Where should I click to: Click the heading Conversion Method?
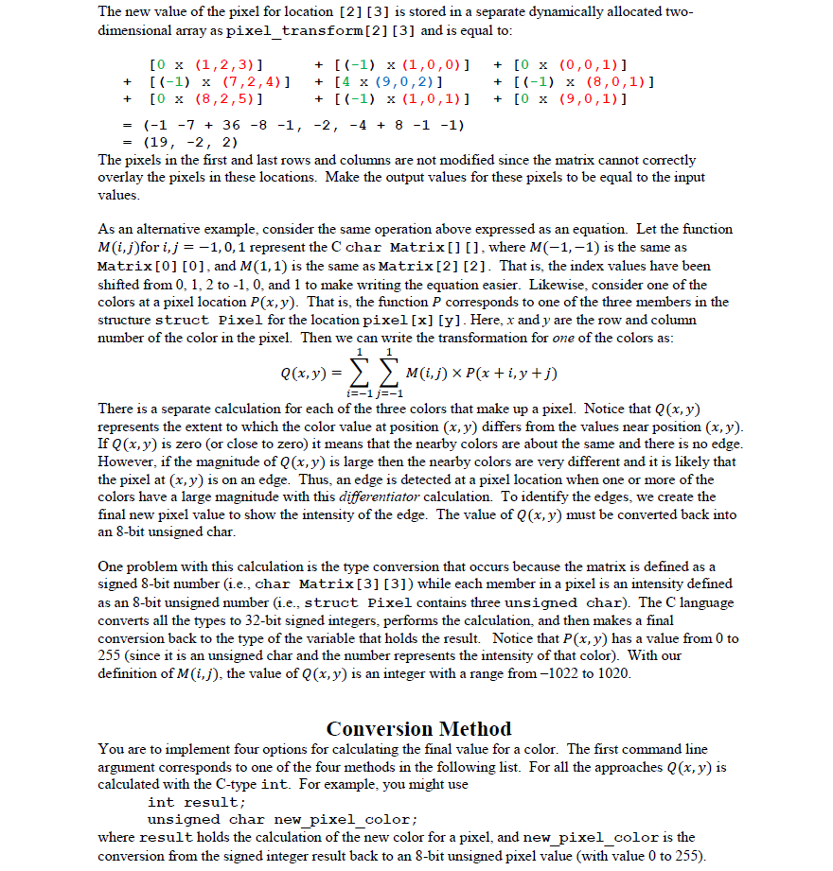(x=418, y=728)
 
